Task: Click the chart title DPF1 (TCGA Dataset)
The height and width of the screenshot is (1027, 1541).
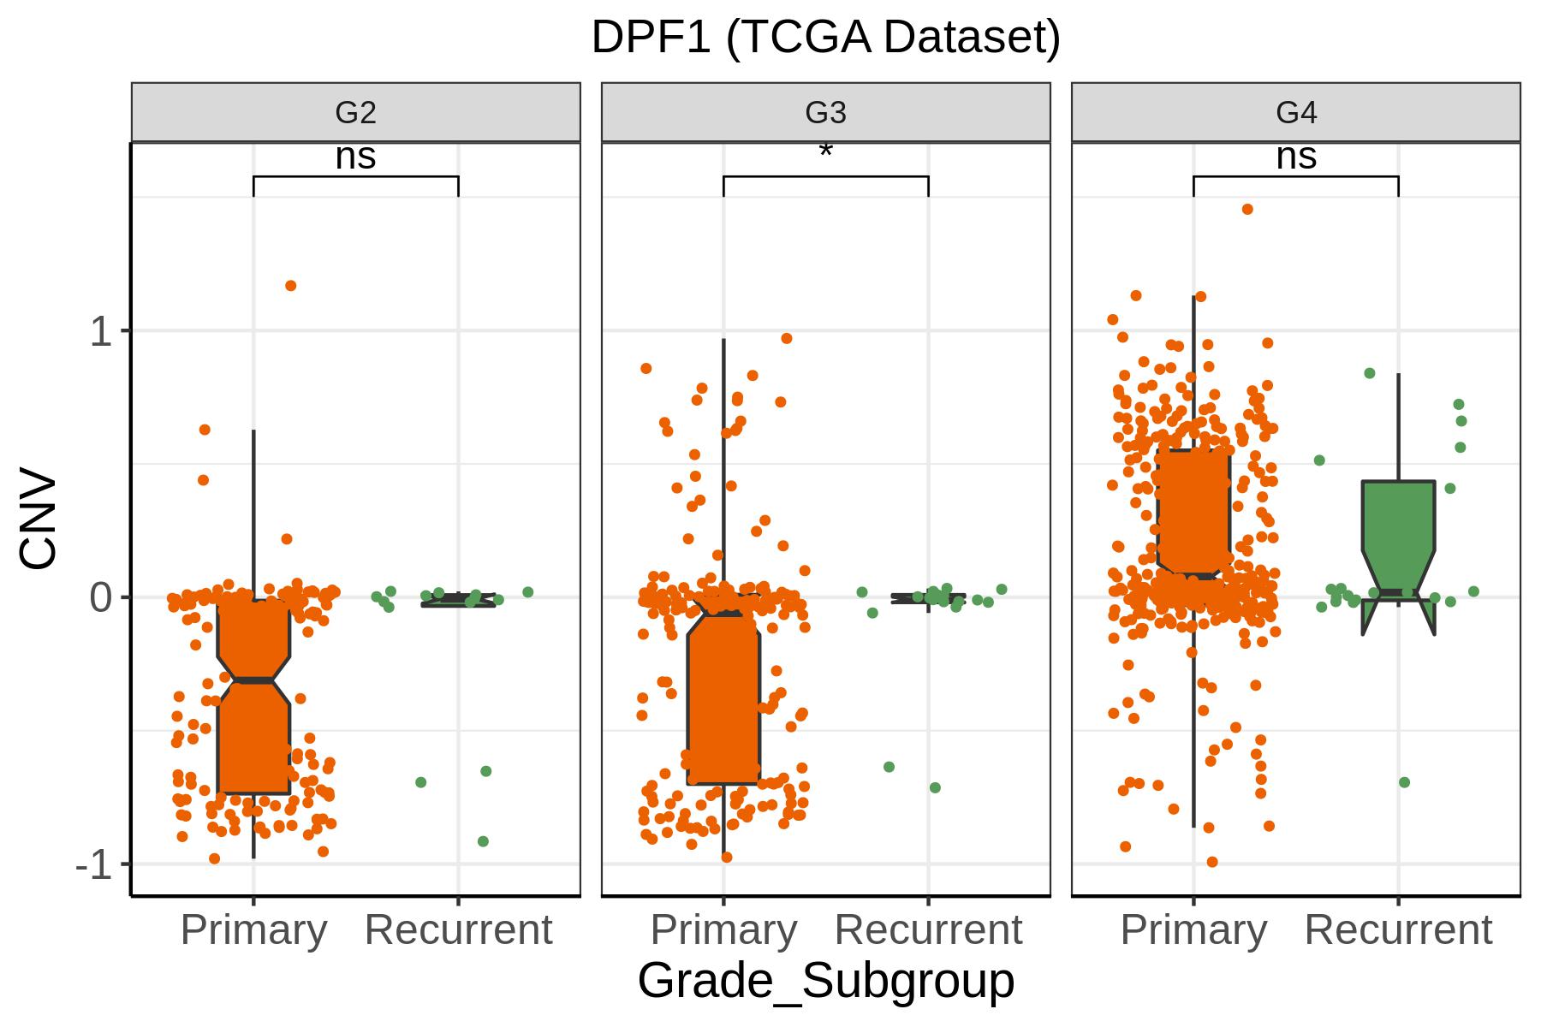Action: tap(826, 38)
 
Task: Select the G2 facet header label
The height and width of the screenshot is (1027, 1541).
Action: tap(355, 112)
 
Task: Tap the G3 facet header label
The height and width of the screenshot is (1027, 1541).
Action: tap(826, 112)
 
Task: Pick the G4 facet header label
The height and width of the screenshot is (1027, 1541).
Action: tap(1296, 112)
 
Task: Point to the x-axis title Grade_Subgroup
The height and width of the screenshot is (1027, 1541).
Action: tap(826, 981)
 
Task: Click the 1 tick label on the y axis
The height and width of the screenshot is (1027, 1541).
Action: tap(101, 331)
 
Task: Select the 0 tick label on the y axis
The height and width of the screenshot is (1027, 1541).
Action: tap(101, 597)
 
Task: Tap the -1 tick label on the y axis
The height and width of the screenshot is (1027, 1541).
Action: tap(94, 864)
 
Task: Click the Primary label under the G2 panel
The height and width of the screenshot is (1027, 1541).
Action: tap(254, 930)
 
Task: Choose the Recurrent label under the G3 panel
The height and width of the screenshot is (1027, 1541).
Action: tap(929, 930)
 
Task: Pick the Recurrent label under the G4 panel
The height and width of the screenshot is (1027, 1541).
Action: tap(1399, 930)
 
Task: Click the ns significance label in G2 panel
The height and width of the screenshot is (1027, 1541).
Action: tap(355, 157)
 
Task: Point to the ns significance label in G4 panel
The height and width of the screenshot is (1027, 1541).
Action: tap(1296, 157)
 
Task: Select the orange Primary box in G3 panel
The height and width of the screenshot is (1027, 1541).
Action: tap(723, 698)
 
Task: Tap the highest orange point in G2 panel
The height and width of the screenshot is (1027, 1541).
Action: tap(291, 286)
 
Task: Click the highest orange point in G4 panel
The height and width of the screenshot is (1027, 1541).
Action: tap(1247, 209)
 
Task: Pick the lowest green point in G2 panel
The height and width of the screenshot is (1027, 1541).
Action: tap(483, 841)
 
